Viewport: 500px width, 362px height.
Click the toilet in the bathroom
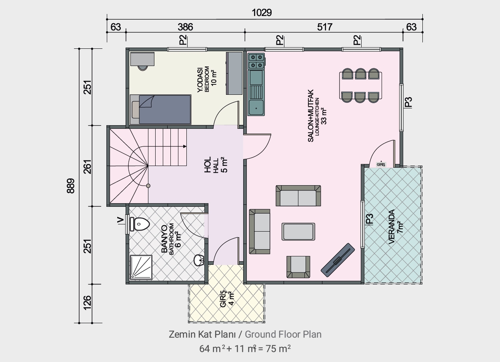point(140,224)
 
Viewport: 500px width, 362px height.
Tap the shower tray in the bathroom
point(141,267)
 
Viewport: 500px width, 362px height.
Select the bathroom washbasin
point(199,260)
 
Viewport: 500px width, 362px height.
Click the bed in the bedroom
point(160,109)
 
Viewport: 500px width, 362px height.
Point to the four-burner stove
point(256,61)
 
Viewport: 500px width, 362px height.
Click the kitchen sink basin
point(256,108)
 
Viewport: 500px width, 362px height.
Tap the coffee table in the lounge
point(298,232)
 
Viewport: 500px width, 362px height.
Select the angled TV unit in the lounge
point(338,260)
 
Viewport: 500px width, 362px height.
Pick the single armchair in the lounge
point(298,267)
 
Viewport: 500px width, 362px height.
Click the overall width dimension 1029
point(262,13)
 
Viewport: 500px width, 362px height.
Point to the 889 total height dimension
point(71,186)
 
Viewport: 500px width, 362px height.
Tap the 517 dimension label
point(324,27)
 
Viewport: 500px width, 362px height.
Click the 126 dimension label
point(88,303)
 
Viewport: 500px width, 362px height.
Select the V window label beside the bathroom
point(120,220)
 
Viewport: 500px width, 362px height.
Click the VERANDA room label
point(392,226)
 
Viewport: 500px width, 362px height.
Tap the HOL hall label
point(208,165)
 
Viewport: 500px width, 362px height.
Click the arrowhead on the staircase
point(184,146)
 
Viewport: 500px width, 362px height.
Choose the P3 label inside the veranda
point(370,219)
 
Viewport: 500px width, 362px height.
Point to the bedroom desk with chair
point(142,61)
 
